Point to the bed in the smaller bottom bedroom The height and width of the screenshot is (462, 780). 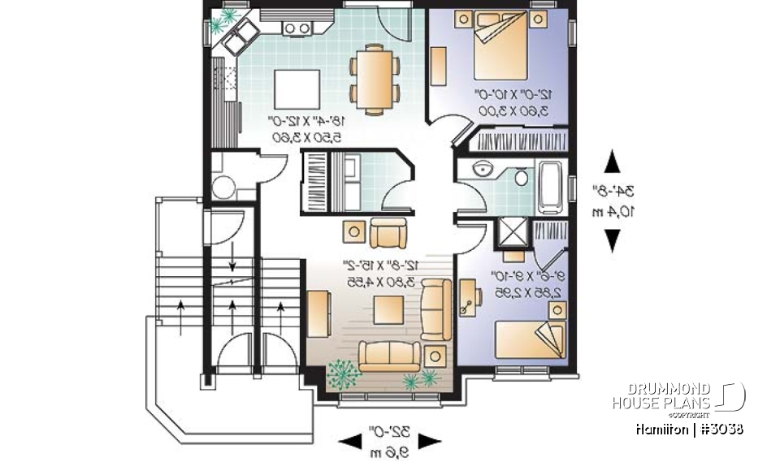coord(529,338)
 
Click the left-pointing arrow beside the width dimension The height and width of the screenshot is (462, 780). coord(350,442)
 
